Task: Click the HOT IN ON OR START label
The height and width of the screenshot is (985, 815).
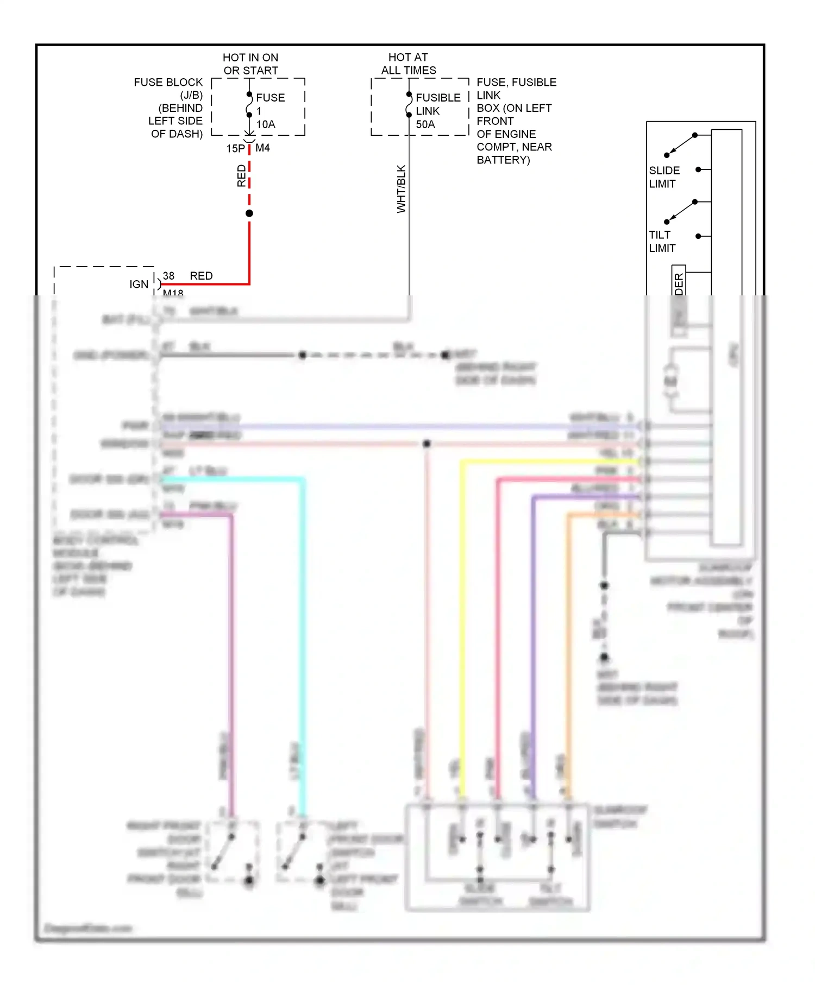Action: [250, 64]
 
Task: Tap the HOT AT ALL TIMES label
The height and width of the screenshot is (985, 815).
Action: [409, 64]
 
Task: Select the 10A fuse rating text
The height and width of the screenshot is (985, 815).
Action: [266, 124]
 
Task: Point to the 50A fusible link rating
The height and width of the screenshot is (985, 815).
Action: [425, 124]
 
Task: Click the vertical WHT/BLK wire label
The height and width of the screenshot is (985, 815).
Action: [402, 189]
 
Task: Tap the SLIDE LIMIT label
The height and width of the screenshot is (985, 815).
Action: [664, 177]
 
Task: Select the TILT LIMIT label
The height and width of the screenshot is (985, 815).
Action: [662, 241]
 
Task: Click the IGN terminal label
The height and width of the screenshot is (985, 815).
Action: [139, 284]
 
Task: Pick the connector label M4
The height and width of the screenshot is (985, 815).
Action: [262, 148]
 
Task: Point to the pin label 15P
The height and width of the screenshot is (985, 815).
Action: [235, 148]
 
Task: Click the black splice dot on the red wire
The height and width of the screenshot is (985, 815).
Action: [249, 213]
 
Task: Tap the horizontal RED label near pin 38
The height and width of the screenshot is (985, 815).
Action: [201, 276]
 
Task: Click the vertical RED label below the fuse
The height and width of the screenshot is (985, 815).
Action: [241, 176]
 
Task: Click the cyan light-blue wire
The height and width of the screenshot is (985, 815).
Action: [303, 624]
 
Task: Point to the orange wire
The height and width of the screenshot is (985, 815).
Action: [568, 624]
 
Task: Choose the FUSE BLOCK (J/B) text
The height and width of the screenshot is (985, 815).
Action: [168, 89]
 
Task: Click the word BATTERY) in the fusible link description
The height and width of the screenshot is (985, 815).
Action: [503, 160]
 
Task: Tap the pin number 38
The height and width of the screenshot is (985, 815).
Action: [168, 276]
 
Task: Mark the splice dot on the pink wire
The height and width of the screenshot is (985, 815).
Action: [427, 444]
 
